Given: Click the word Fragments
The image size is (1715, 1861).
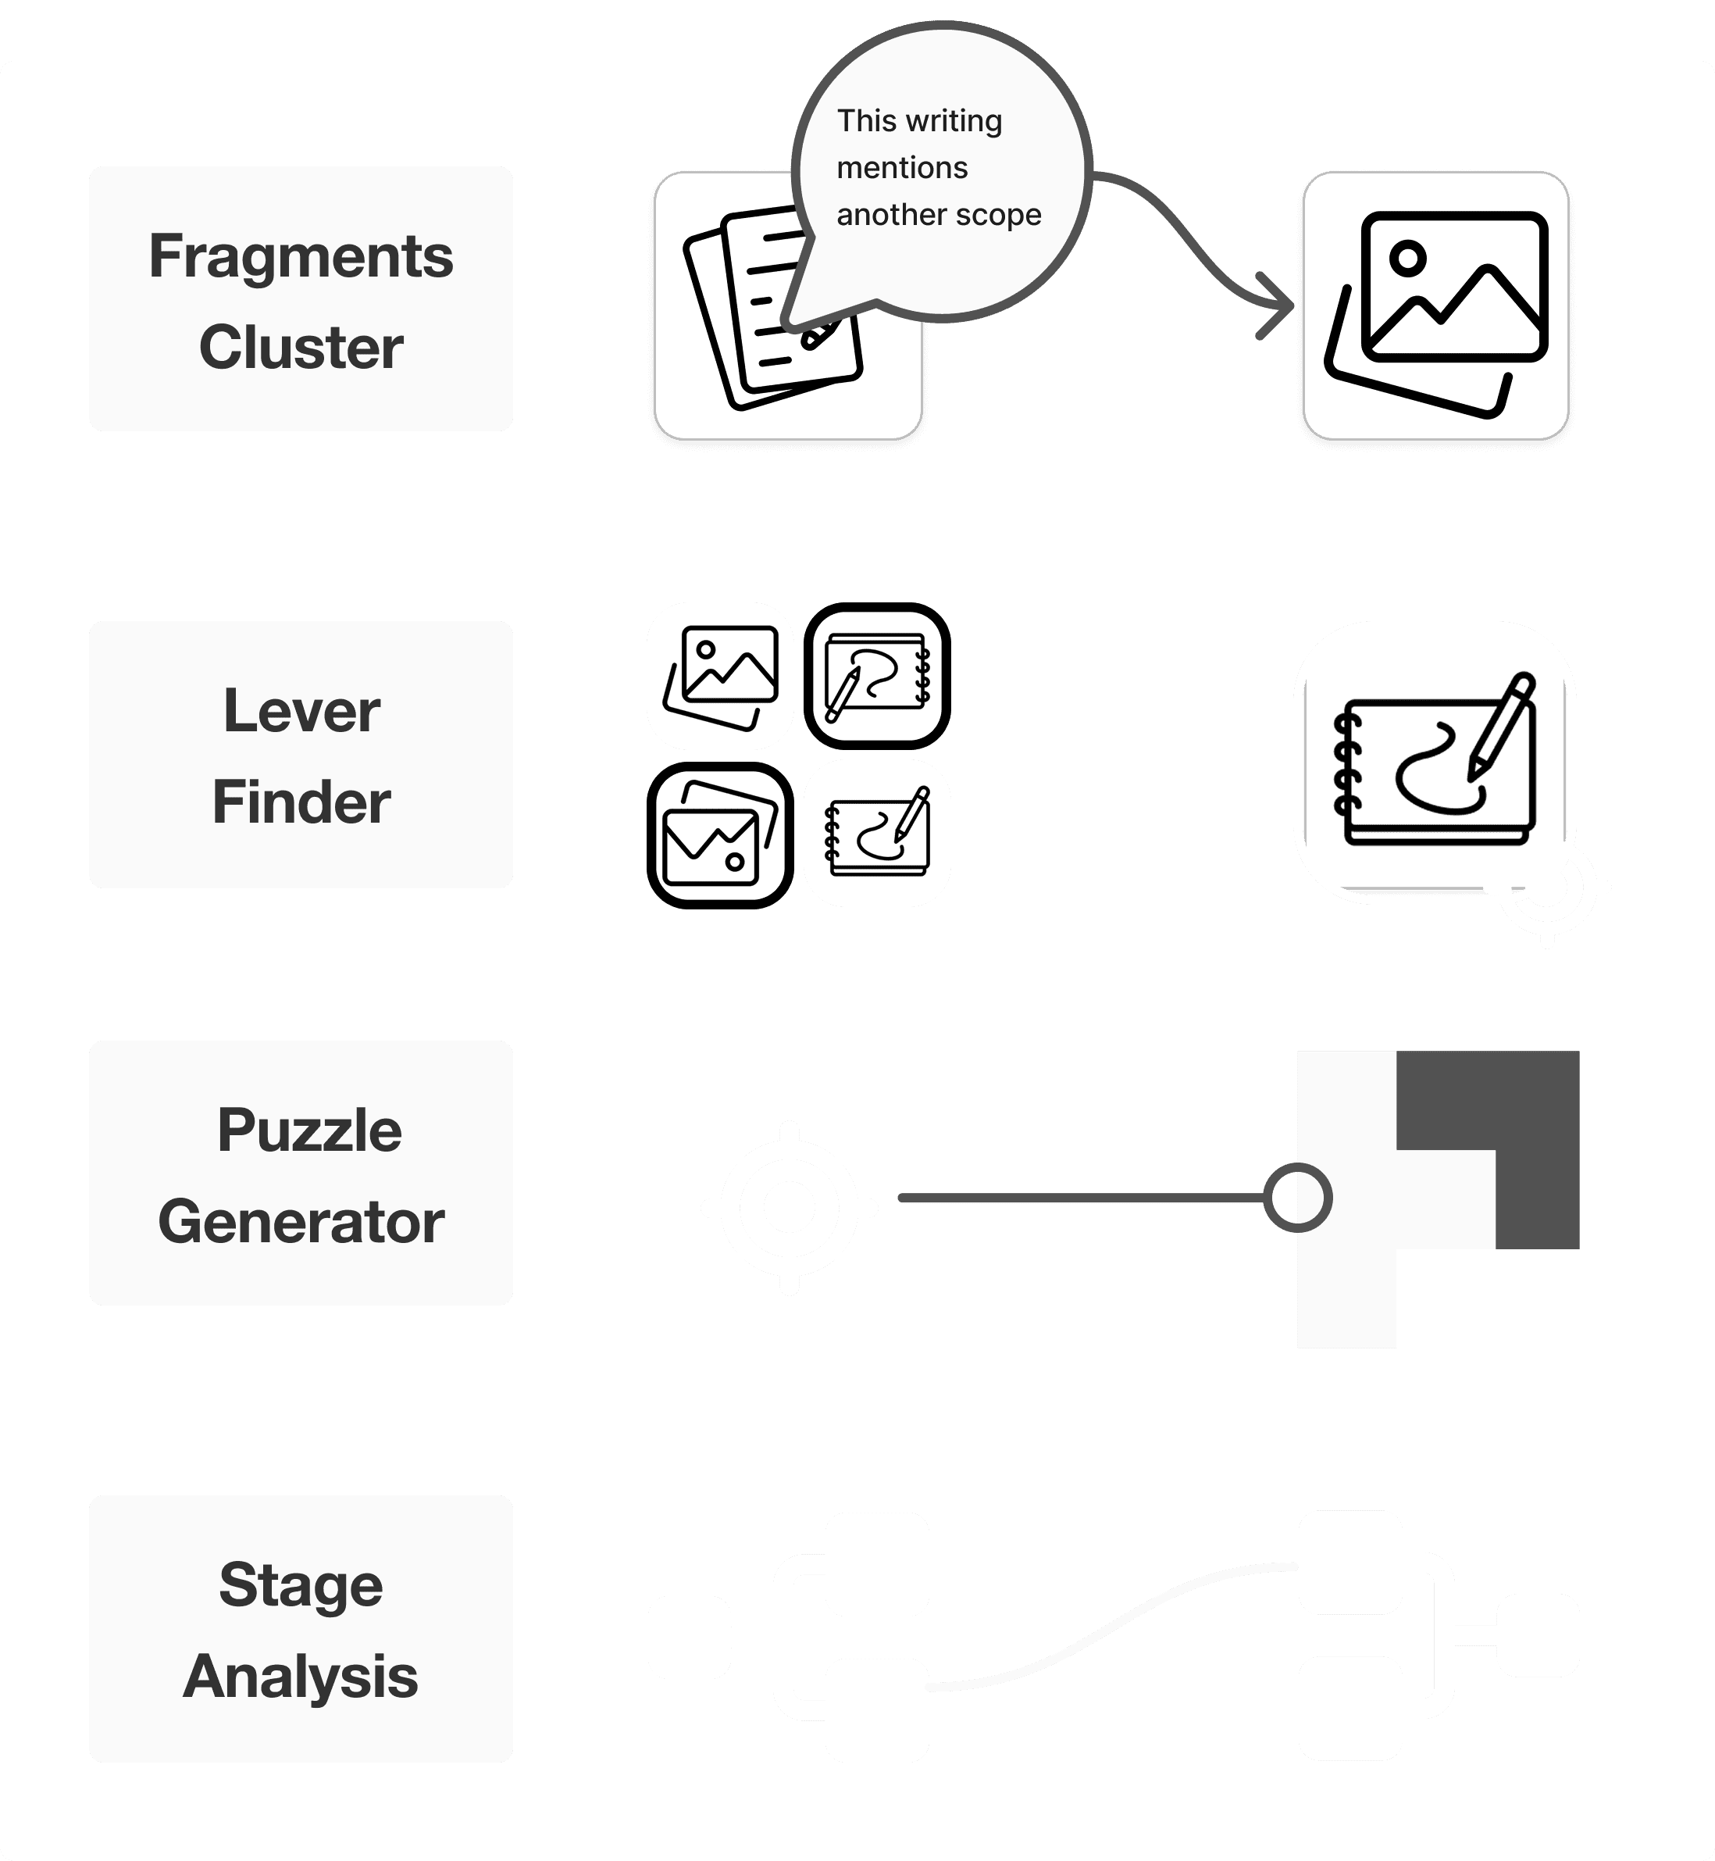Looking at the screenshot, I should pyautogui.click(x=301, y=256).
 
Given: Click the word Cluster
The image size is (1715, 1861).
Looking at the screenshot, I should pyautogui.click(x=301, y=347).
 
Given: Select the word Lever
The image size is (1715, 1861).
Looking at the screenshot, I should pyautogui.click(x=301, y=711).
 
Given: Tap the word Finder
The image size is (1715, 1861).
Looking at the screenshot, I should pyautogui.click(x=301, y=802).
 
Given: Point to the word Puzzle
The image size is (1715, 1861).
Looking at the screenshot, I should pyautogui.click(x=309, y=1131).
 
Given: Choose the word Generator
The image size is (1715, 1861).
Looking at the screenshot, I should pyautogui.click(x=301, y=1221).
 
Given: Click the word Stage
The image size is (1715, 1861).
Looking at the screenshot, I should pyautogui.click(x=301, y=1584).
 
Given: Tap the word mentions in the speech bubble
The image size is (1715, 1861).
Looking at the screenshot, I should pyautogui.click(x=902, y=168).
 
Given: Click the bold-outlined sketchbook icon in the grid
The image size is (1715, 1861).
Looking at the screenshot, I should pyautogui.click(x=877, y=676).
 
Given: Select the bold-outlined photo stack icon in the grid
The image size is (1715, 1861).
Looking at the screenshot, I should pyautogui.click(x=720, y=835).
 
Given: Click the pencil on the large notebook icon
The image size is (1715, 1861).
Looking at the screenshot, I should pyautogui.click(x=1503, y=724).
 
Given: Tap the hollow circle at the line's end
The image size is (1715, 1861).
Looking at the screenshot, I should pyautogui.click(x=1297, y=1198).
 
